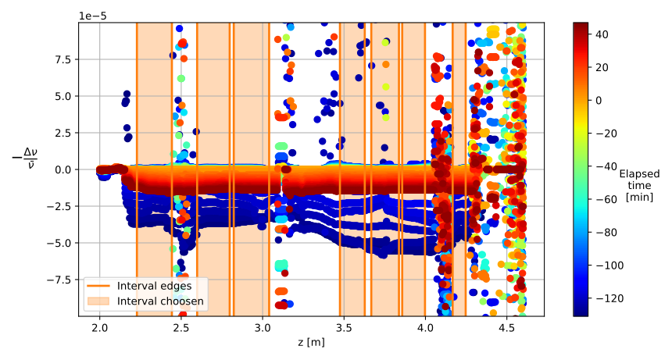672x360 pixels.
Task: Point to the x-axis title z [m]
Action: coord(311,342)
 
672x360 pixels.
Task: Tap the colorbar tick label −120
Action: coord(608,298)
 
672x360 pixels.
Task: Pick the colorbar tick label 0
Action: coord(599,100)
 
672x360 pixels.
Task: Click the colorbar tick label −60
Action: coord(605,199)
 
